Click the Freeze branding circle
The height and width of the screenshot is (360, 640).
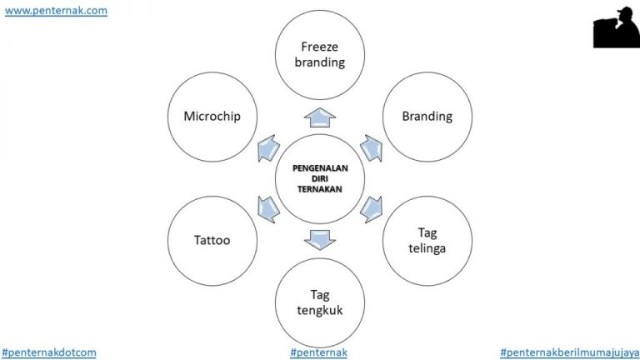click(319, 52)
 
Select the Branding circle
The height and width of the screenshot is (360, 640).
click(426, 117)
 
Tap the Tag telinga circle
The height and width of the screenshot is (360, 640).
click(426, 241)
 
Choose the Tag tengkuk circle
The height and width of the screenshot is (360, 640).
click(320, 304)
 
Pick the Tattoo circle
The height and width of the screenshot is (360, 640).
click(212, 241)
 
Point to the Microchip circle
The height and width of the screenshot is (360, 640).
click(212, 117)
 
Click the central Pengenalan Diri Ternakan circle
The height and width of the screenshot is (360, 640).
click(319, 178)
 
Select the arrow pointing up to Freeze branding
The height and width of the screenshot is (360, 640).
click(319, 116)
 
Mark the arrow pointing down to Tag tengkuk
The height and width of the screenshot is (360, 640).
click(319, 240)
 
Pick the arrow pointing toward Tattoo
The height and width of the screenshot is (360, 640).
click(268, 207)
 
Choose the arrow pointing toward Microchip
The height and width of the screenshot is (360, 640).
click(268, 148)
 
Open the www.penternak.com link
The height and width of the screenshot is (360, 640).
click(56, 11)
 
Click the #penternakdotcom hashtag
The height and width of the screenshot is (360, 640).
click(49, 352)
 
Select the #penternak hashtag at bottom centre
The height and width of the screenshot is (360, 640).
click(318, 352)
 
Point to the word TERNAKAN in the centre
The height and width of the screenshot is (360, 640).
click(319, 188)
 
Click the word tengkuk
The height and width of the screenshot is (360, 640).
click(320, 312)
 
